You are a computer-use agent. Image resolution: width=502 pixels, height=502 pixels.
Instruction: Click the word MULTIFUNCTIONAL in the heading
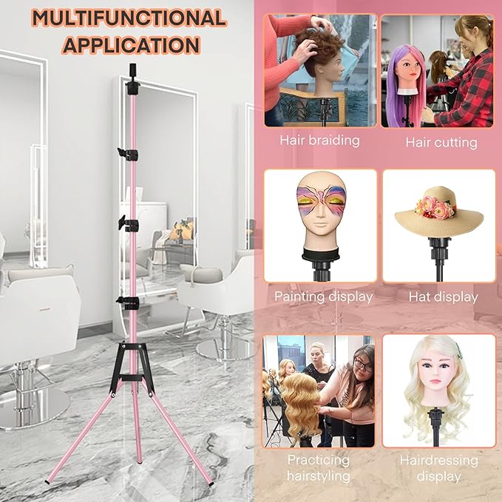point(129,18)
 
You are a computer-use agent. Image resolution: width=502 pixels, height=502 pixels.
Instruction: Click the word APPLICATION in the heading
point(132,45)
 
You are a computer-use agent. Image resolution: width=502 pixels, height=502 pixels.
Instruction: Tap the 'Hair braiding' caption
point(319,141)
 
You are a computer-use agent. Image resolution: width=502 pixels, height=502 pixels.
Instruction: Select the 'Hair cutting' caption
point(441,143)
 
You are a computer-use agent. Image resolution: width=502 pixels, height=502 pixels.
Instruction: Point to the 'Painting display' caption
point(323,296)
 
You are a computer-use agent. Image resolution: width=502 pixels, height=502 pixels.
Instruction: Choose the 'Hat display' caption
point(444,297)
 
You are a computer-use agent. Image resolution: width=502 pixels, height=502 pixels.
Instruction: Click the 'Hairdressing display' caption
point(439,469)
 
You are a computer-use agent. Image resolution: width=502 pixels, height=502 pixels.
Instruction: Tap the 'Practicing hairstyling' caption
point(319,468)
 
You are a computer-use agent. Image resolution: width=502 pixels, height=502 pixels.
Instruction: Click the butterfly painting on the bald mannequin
point(320,201)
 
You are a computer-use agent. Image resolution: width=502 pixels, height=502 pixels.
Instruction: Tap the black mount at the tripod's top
point(132,80)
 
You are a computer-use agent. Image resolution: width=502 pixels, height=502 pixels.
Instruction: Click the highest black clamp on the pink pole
point(128,155)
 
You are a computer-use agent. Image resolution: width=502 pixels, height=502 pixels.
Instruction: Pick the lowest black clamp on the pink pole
point(127,302)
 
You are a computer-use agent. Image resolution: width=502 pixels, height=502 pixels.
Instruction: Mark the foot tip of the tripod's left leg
point(47,481)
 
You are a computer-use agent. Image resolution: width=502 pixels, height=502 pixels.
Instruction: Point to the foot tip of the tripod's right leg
point(211,483)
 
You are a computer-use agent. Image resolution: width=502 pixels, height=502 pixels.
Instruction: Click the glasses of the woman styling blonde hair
point(363,365)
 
